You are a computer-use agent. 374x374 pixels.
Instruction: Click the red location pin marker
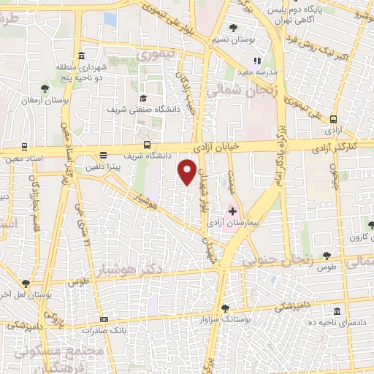(188, 172)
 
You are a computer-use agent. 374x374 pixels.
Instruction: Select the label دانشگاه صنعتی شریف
(144, 110)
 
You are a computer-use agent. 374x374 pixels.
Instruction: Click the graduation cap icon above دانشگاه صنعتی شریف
(143, 98)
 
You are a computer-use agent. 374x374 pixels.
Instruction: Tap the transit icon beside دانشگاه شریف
(148, 145)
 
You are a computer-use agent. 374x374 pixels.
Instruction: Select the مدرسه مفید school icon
(256, 61)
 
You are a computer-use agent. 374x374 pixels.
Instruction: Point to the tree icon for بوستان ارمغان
(46, 89)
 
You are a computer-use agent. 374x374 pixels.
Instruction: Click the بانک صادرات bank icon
(104, 319)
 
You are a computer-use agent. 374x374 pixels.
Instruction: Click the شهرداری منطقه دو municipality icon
(79, 56)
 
